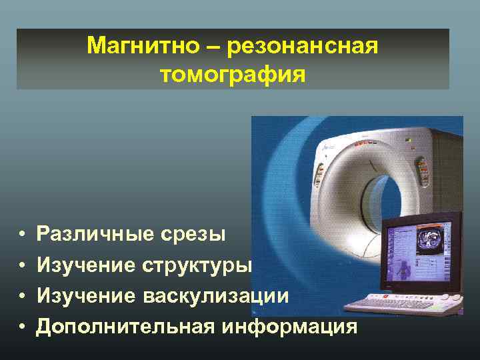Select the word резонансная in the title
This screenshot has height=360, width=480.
tap(303, 47)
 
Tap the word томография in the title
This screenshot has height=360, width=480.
tap(233, 74)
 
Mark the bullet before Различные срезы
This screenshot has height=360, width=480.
tap(22, 235)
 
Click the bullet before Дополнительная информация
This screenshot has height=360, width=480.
tap(22, 327)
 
